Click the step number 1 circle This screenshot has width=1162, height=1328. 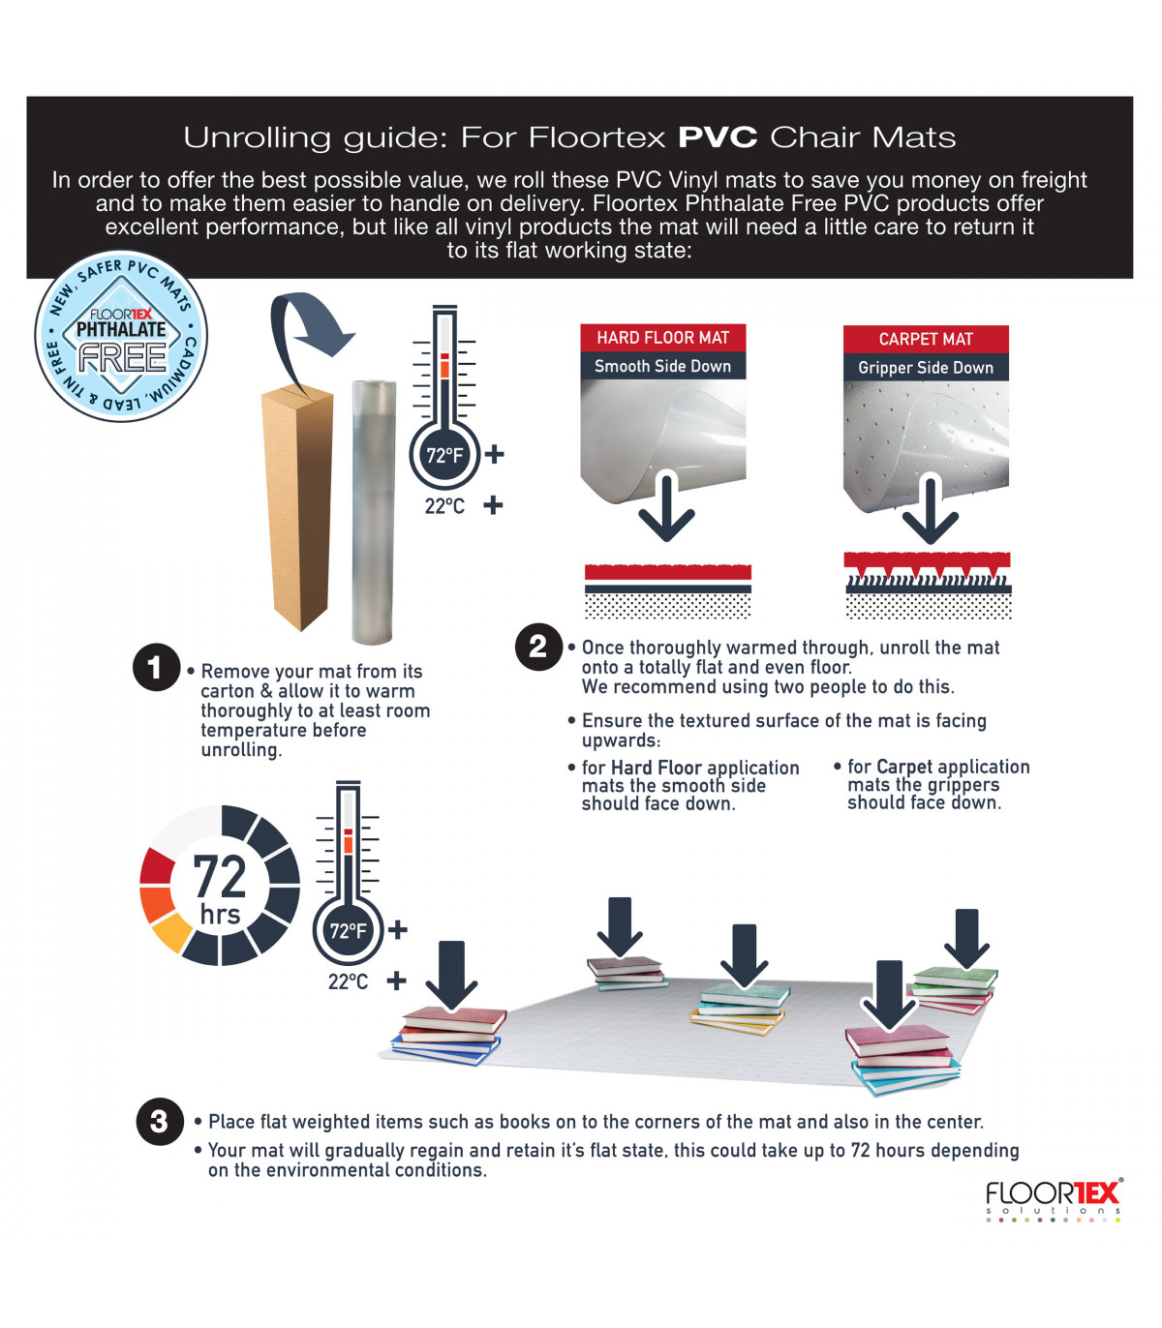[x=156, y=667]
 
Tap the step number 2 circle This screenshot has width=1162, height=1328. [x=537, y=647]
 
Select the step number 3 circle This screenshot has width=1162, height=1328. [x=159, y=1122]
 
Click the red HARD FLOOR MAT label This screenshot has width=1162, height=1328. [x=662, y=338]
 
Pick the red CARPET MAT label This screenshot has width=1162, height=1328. [x=925, y=339]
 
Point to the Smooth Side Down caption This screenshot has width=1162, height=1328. [x=662, y=366]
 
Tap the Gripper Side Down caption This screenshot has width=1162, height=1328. [x=925, y=368]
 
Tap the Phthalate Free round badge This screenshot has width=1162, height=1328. [x=121, y=336]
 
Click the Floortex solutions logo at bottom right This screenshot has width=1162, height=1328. [x=1053, y=1201]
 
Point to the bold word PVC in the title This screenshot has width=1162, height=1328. [x=718, y=137]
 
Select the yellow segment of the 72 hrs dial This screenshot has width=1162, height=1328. [x=171, y=932]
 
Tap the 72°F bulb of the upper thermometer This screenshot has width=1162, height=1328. [x=444, y=455]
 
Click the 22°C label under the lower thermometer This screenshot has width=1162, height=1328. [x=348, y=981]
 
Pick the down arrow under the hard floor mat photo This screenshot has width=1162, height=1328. [x=666, y=506]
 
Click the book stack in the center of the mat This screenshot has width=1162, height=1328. [x=740, y=1008]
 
